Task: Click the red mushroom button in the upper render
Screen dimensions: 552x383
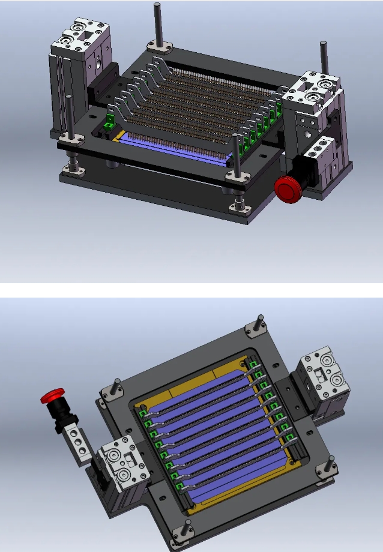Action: pos(286,189)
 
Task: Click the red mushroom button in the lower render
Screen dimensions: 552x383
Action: pos(52,396)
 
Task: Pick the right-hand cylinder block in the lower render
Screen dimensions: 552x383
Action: pos(321,384)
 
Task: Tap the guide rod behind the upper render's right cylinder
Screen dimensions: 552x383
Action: pos(323,57)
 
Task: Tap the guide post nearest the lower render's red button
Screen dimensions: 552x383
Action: pos(113,386)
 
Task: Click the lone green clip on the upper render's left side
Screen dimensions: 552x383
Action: pos(109,124)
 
